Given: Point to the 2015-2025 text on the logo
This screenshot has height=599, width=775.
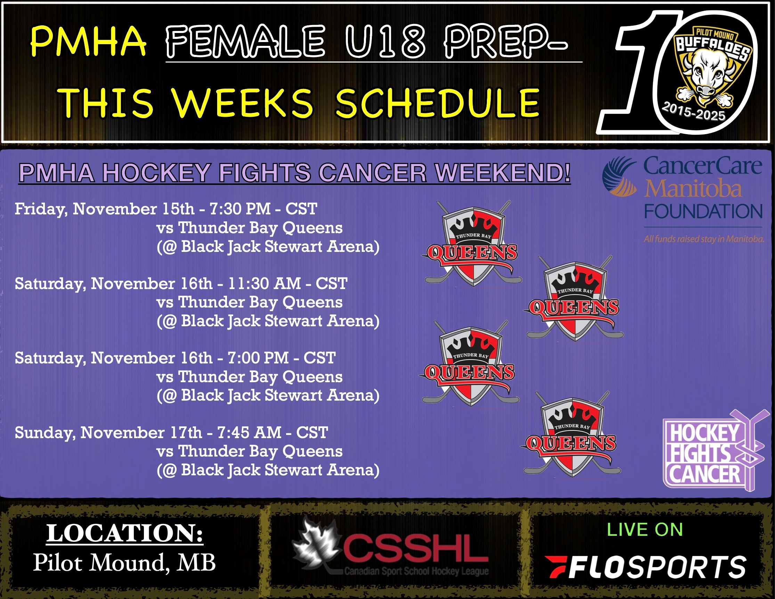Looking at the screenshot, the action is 694,111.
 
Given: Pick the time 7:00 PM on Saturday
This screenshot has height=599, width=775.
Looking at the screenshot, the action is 258,358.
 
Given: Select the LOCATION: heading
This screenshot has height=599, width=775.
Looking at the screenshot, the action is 124,533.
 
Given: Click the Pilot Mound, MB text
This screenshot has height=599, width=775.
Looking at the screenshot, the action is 124,563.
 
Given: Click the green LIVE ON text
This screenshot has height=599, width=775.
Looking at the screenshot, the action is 645,530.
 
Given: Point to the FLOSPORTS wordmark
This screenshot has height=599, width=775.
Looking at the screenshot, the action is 645,567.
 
